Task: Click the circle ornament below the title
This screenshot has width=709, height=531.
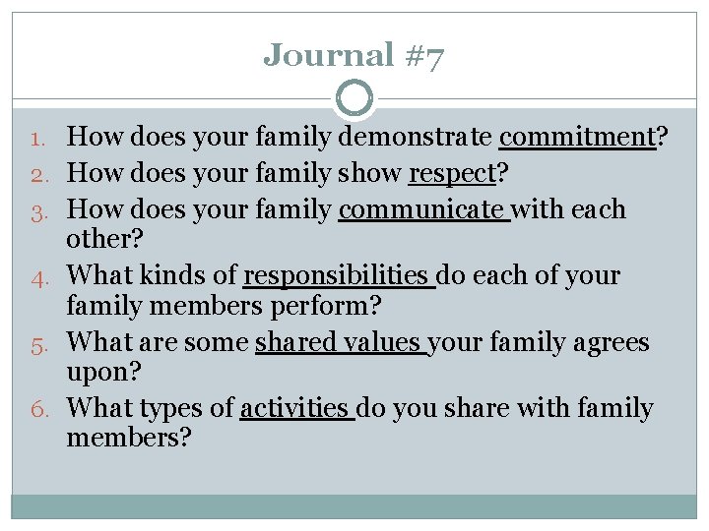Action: click(354, 98)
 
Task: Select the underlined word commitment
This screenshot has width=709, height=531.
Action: click(577, 137)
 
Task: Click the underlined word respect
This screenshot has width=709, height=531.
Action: click(452, 174)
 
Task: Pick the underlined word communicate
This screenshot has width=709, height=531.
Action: click(422, 209)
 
